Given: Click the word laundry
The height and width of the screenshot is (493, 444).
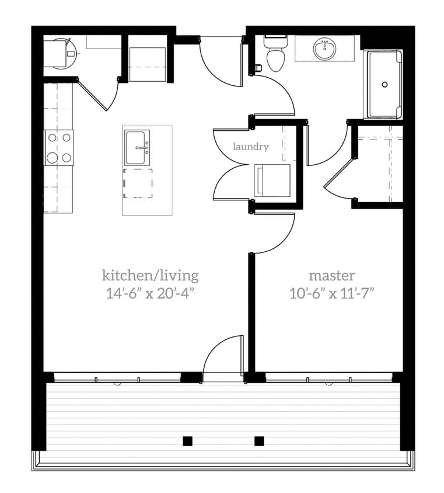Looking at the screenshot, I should pos(251,147).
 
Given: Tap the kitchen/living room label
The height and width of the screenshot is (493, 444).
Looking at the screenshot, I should pos(150,275).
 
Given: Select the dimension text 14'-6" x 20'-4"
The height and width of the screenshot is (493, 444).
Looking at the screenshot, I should pos(150,293).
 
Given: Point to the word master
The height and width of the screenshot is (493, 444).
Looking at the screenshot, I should pos(331,275).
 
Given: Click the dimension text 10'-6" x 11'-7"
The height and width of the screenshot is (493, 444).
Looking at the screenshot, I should pos(331,293).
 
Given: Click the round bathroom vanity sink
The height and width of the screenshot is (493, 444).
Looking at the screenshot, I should pos(324,49).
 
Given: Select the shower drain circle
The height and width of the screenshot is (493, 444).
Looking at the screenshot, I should pos(384,84).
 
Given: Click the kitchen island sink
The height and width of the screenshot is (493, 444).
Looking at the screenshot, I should pos(138,148).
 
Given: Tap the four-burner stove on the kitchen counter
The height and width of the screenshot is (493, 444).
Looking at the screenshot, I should pos(59,147).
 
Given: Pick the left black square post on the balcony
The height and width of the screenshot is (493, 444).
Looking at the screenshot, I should pos(187,441).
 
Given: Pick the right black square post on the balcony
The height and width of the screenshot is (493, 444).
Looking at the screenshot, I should pos(259,441).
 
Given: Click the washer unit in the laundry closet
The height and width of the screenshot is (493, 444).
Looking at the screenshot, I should pos(272,180).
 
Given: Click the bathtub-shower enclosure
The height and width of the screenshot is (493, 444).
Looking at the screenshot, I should pos(383,84).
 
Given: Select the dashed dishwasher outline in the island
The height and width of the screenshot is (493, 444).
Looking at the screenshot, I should pos(138,183).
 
